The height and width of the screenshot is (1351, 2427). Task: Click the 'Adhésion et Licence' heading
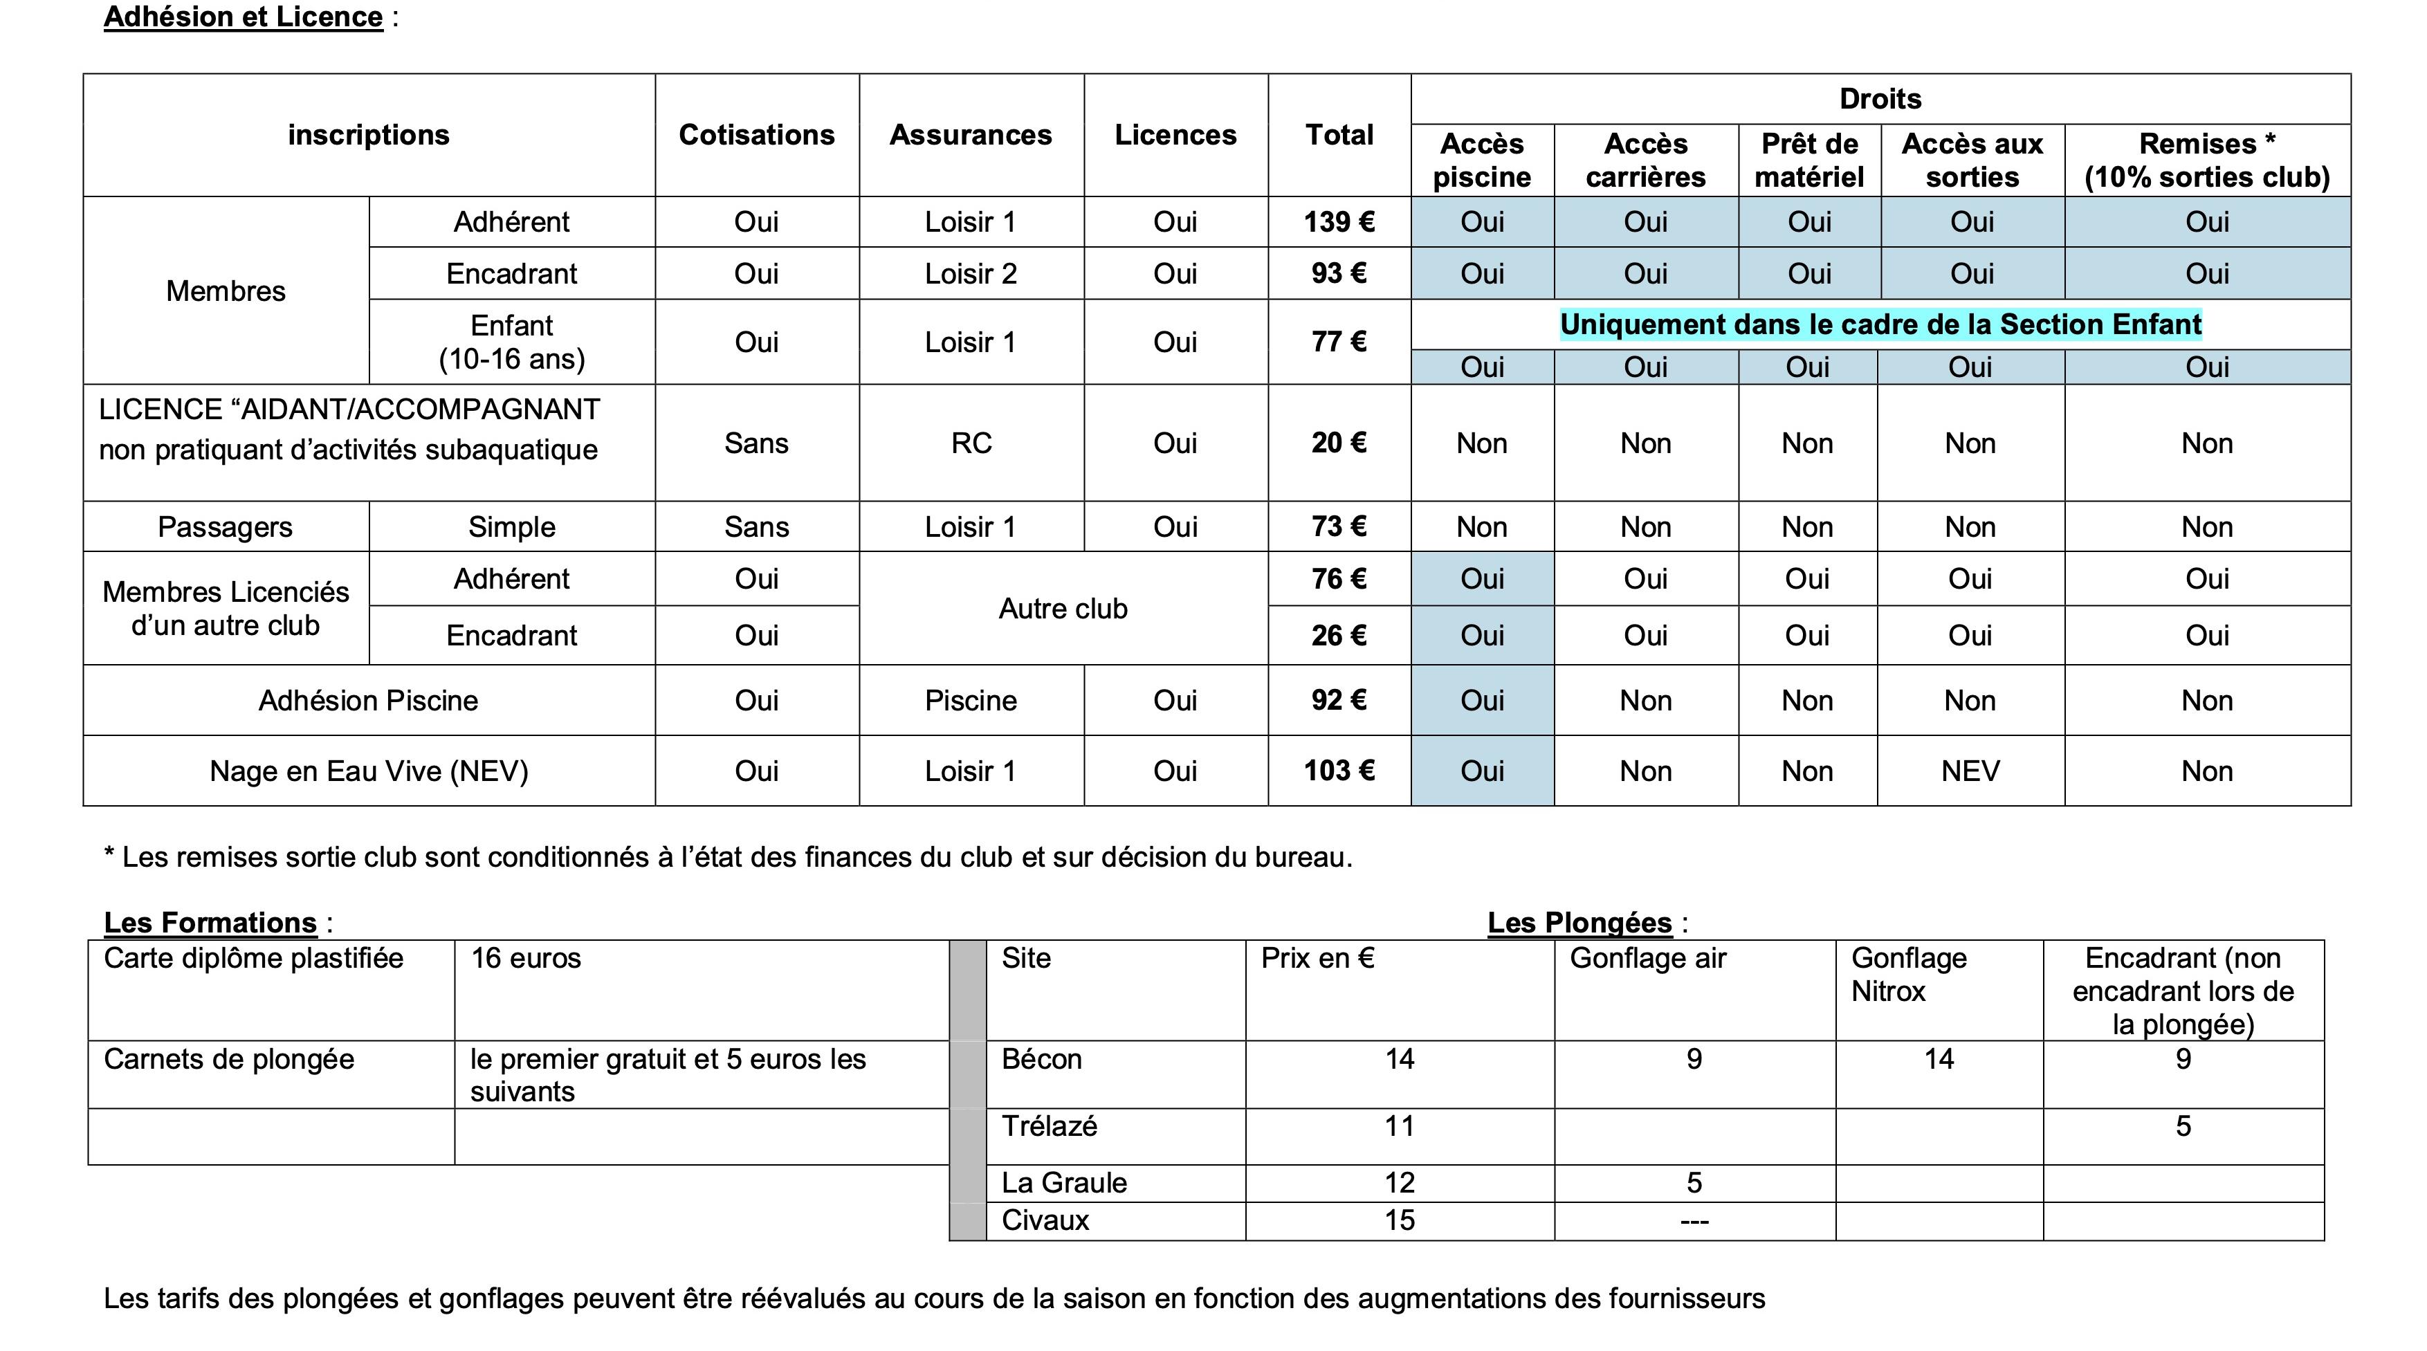click(x=243, y=17)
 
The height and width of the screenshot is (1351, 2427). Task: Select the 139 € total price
click(x=1339, y=222)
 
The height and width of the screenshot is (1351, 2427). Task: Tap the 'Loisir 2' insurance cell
click(x=971, y=274)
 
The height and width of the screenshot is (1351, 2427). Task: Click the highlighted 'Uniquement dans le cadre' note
click(x=1880, y=325)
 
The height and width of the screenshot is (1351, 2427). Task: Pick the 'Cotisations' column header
click(x=757, y=135)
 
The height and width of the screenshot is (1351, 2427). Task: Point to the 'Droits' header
click(x=1880, y=99)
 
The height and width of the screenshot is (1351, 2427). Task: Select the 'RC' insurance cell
click(x=971, y=443)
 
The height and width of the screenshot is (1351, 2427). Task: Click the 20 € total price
click(x=1339, y=443)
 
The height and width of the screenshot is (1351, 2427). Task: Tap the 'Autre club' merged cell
click(x=1063, y=609)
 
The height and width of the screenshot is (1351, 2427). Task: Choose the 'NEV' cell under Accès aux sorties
click(x=1970, y=771)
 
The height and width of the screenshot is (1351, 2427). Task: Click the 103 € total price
click(x=1339, y=771)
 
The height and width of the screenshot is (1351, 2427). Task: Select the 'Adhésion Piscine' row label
click(x=368, y=701)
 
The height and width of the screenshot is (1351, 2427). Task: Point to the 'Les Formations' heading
click(x=210, y=922)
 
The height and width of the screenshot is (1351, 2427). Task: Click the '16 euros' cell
click(x=526, y=958)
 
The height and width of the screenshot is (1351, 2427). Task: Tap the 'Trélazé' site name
click(x=1049, y=1127)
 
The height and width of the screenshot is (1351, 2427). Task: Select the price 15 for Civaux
click(x=1399, y=1221)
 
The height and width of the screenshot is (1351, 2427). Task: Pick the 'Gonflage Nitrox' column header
click(x=1909, y=974)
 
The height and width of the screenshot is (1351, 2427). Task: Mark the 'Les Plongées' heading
click(x=1579, y=922)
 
